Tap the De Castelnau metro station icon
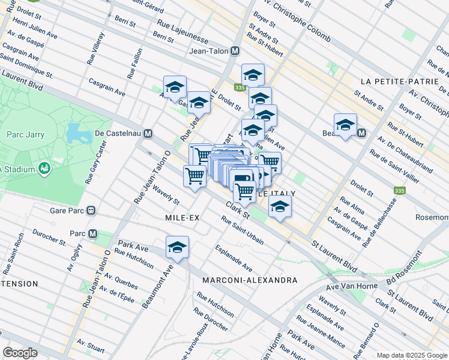click(x=148, y=133)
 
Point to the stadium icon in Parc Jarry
click(x=44, y=169)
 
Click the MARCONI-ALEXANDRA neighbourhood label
click(x=250, y=280)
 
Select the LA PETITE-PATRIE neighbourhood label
click(x=393, y=81)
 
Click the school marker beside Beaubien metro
click(x=345, y=125)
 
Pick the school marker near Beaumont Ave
click(x=177, y=247)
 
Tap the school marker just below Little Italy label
click(x=279, y=206)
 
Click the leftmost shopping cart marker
click(x=194, y=176)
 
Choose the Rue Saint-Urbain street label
click(x=243, y=230)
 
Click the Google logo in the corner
click(x=20, y=352)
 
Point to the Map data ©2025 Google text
click(x=411, y=355)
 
